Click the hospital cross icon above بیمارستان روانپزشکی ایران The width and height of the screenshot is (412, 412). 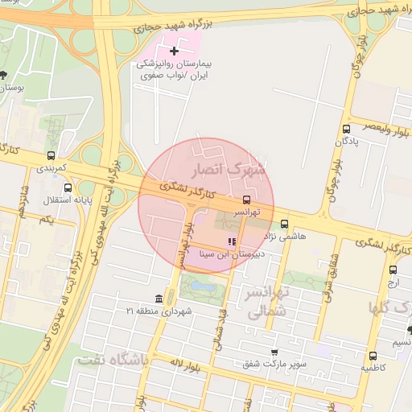point(174,51)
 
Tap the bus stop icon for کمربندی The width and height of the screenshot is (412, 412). point(51,155)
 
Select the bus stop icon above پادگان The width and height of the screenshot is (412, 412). point(346,128)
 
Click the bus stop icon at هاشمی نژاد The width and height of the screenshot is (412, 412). point(284,225)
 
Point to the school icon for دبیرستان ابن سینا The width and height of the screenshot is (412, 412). point(232,241)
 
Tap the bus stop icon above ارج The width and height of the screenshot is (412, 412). point(393,270)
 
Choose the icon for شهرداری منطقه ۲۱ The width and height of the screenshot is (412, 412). point(170,297)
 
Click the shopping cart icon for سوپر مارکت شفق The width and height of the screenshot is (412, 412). point(274,352)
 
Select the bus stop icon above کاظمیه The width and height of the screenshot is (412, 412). point(372,356)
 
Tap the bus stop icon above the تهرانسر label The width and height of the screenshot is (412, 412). point(246,200)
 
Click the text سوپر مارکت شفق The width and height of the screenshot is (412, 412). point(278,364)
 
